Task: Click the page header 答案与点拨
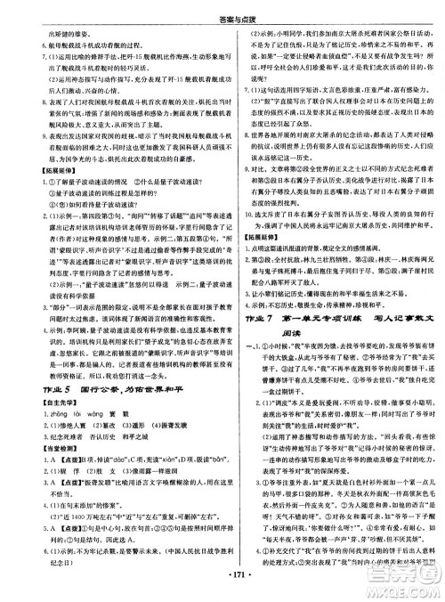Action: pos(222,6)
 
